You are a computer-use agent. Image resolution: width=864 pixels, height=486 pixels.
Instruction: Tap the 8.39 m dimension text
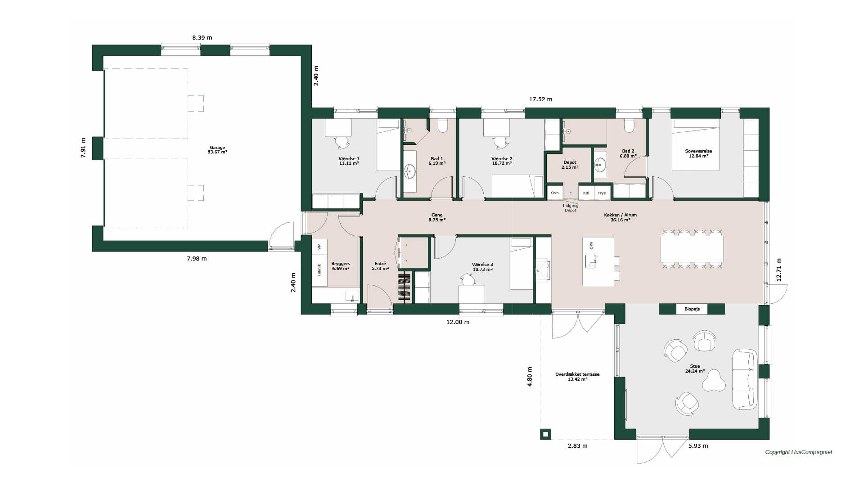[x=202, y=38]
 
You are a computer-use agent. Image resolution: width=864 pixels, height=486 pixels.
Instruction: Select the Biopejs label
[x=692, y=309]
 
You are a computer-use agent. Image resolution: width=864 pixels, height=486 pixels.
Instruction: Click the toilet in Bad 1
[x=443, y=125]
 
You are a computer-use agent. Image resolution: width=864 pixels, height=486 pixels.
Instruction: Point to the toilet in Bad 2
[x=629, y=125]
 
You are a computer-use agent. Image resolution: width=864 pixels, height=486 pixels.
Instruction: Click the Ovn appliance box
[x=555, y=193]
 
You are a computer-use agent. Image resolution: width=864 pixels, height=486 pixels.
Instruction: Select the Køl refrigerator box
[x=586, y=193]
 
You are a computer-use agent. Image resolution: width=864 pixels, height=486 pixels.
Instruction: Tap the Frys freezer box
[x=602, y=193]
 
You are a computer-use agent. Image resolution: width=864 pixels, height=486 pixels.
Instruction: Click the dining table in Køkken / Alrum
[x=692, y=249]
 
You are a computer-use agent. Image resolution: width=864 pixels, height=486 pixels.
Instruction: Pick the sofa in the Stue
[x=745, y=379]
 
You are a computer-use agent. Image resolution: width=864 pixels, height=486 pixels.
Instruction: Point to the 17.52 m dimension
[x=540, y=99]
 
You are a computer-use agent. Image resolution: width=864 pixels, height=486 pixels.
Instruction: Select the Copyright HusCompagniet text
[x=799, y=452]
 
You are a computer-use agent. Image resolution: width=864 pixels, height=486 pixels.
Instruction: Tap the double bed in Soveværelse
[x=695, y=145]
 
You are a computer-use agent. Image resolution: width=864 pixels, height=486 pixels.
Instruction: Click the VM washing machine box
[x=319, y=247]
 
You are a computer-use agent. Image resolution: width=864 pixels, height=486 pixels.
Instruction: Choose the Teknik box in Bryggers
[x=319, y=270]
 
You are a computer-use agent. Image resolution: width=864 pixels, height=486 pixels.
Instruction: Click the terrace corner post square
[x=545, y=434]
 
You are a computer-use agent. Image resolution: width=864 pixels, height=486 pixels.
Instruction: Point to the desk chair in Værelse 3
[x=468, y=280]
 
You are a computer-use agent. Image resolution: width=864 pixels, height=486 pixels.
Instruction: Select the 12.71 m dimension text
[x=779, y=270]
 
